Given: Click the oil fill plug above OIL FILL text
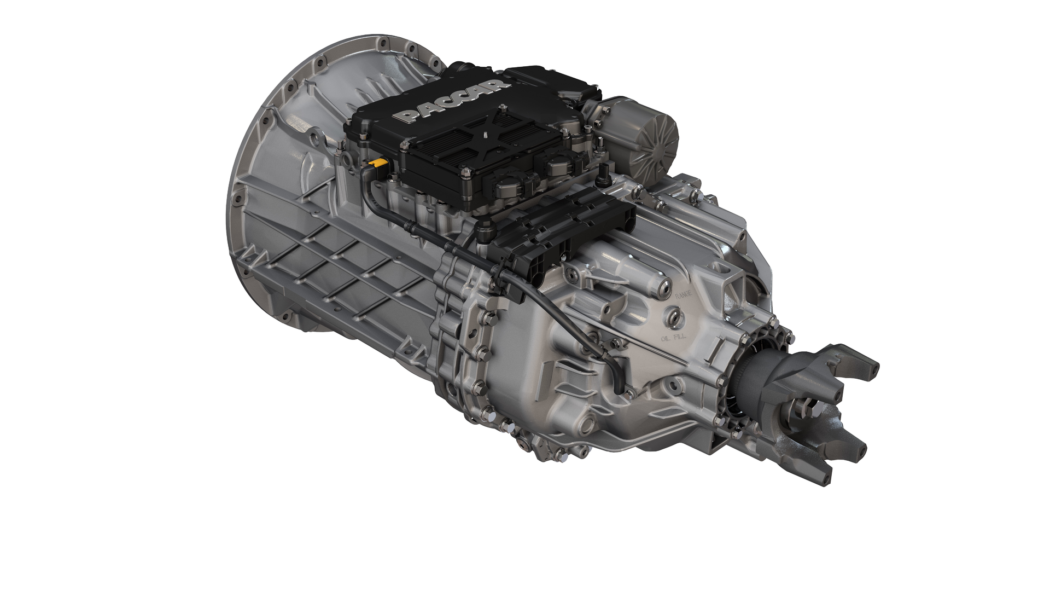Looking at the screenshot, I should pos(673,316).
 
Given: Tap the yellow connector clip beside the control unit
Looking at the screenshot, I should pos(377,163).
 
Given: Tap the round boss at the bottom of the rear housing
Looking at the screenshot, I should pos(588,424).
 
